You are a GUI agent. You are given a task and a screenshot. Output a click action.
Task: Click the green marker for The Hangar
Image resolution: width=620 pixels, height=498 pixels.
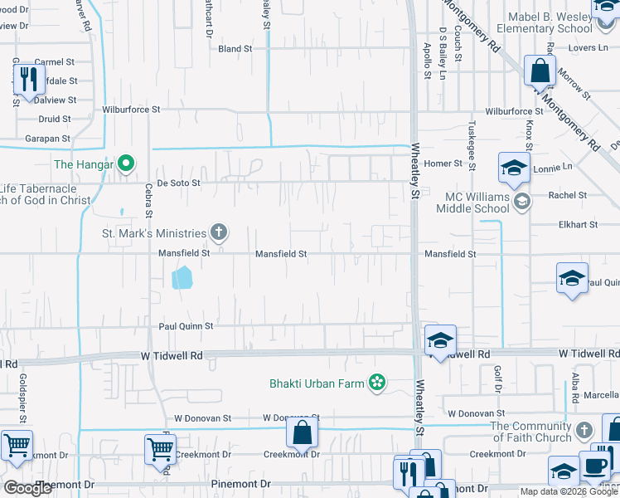coord(126,164)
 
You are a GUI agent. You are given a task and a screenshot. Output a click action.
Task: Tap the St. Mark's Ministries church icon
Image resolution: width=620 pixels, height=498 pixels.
coord(219,232)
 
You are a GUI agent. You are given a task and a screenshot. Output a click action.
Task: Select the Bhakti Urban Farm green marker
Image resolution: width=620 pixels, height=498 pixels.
coord(377,383)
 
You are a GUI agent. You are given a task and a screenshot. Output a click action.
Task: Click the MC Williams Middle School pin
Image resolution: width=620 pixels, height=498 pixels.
coord(522,202)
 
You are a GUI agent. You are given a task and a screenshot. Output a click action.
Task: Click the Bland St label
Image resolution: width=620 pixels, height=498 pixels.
coord(235,49)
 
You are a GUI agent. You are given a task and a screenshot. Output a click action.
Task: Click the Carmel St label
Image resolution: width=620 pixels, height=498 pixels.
coord(55,62)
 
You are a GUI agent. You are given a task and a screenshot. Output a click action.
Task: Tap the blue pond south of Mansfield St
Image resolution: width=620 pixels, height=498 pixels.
coord(182,277)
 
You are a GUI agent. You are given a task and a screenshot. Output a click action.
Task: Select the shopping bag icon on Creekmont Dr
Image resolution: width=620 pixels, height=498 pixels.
coord(303,432)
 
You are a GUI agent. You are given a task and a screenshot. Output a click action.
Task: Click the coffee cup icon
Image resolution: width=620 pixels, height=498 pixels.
coord(594,465)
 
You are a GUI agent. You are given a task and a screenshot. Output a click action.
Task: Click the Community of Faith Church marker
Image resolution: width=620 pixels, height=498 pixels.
coord(584,430)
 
